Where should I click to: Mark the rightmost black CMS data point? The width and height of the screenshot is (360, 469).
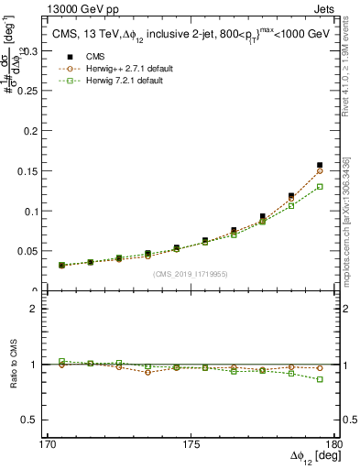(320, 166)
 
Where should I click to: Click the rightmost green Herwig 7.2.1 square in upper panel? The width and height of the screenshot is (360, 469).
(320, 187)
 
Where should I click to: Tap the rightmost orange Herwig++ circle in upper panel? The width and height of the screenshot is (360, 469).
(320, 170)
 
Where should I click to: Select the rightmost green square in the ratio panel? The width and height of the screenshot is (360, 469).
(320, 379)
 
